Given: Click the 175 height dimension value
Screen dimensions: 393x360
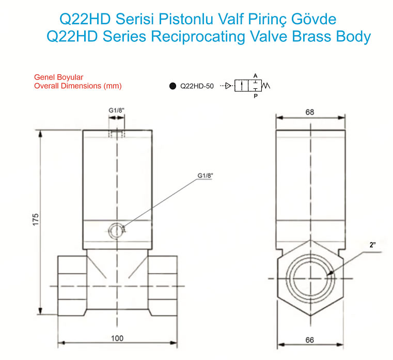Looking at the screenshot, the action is pos(36,220).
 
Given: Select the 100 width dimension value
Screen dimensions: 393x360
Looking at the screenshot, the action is pos(117,338).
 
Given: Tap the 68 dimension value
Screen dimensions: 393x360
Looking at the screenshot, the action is pos(310,112).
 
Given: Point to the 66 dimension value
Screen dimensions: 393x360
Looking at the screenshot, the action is pos(310,340).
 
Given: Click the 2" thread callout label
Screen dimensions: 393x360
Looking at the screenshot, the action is pos(373,245).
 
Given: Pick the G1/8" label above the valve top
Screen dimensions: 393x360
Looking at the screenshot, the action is pos(116,111).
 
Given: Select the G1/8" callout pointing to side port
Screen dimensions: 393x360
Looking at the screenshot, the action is pos(205,176).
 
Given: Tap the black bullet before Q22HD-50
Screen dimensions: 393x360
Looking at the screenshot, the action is pos(172,86).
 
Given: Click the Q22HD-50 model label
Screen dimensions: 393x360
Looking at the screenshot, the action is pos(197,86).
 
